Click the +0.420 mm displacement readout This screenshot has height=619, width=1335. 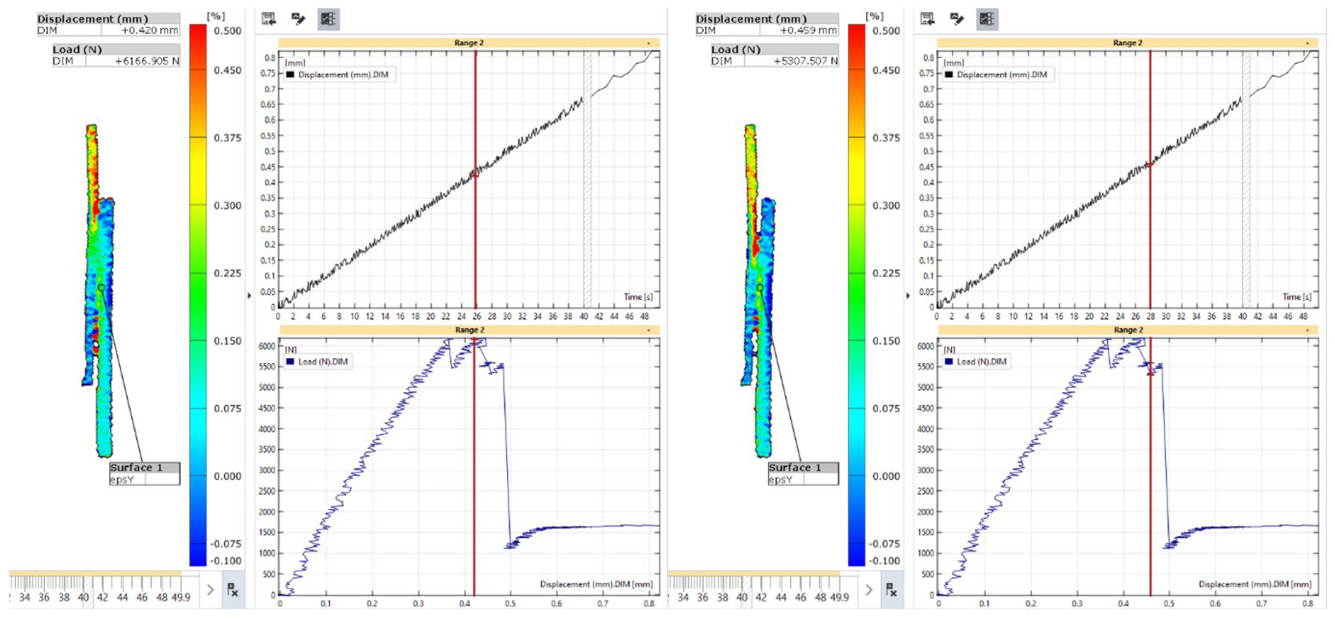[149, 30]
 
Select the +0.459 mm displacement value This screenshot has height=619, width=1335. [808, 30]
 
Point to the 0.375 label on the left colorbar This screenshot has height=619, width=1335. [227, 138]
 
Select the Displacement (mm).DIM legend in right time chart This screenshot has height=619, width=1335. [1001, 75]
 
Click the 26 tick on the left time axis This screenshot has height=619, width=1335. [476, 316]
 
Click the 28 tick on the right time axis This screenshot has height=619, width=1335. [1150, 316]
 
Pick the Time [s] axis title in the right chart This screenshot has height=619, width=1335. [1297, 297]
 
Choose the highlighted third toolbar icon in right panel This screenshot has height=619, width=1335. [987, 19]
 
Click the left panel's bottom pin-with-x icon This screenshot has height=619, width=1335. [233, 589]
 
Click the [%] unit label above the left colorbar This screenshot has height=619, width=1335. [216, 16]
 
